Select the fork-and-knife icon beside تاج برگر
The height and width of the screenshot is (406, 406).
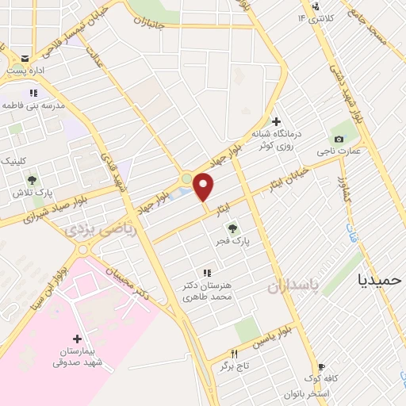pyautogui.click(x=234, y=354)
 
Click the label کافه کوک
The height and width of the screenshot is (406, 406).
pyautogui.click(x=325, y=379)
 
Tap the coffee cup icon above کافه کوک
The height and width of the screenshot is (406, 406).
pyautogui.click(x=320, y=367)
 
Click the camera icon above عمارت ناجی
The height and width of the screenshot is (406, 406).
pyautogui.click(x=339, y=140)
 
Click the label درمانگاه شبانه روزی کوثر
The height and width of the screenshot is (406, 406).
pyautogui.click(x=278, y=139)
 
